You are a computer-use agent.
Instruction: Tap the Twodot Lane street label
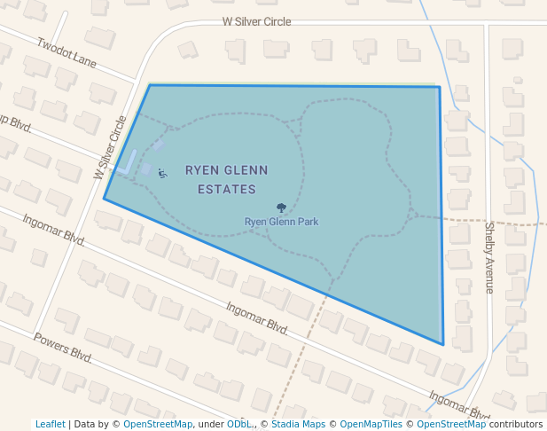tap(66, 52)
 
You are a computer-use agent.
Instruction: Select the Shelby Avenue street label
tap(488, 257)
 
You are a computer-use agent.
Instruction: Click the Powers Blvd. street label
tap(63, 347)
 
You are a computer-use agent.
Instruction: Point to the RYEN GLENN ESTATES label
tap(226, 179)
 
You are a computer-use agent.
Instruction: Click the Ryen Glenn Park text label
tap(281, 222)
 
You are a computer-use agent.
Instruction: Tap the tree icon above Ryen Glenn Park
tap(281, 208)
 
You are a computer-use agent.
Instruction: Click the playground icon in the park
tap(161, 174)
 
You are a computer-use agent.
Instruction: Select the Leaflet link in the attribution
tap(50, 424)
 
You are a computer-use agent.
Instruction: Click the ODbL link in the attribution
tap(239, 424)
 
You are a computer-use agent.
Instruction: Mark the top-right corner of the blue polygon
tap(440, 87)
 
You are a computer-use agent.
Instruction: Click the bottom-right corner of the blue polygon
tap(442, 345)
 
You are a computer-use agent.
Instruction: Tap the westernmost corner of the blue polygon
tap(104, 199)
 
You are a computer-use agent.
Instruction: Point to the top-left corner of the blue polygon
tap(150, 85)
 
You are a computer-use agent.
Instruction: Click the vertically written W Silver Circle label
tap(110, 148)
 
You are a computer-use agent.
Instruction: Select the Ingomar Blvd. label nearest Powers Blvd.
tap(53, 232)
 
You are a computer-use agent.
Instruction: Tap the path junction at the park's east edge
tap(414, 214)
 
